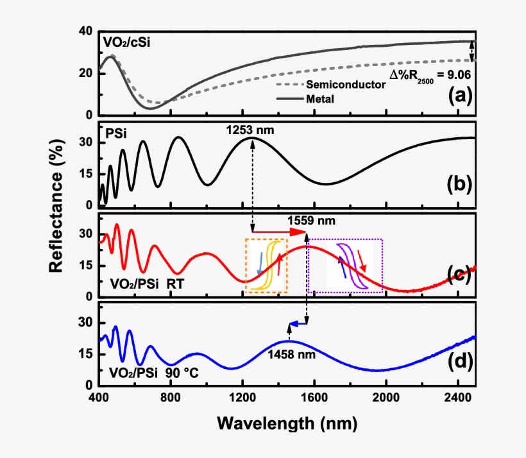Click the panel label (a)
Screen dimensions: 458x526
(460, 96)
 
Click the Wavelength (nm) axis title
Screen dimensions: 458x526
(286, 423)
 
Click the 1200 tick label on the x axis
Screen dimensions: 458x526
(242, 397)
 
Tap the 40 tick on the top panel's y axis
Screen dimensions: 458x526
(85, 31)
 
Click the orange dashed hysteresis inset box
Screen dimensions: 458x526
(266, 266)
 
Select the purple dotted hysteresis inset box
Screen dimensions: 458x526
(346, 266)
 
